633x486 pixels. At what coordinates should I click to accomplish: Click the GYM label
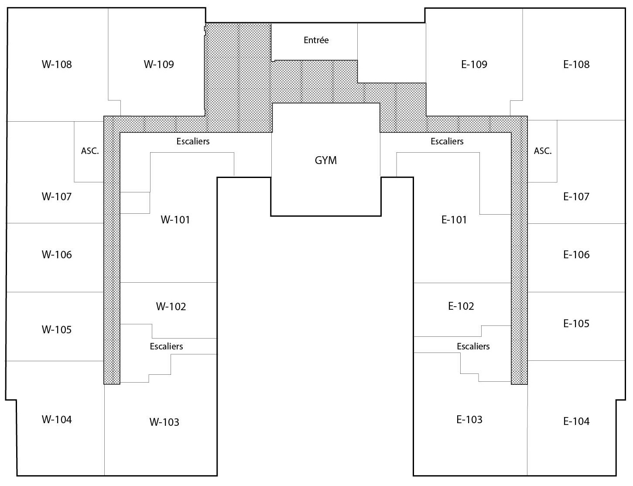[326, 161]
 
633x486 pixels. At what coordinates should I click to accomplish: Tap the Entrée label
[316, 40]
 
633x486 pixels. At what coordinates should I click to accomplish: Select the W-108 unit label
[57, 65]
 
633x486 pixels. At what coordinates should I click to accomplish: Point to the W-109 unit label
[159, 65]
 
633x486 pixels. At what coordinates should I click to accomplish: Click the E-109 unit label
[474, 65]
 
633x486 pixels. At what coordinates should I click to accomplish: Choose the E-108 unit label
[576, 65]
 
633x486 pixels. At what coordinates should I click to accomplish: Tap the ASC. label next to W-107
[90, 151]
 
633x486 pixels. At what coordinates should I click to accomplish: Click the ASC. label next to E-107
[543, 151]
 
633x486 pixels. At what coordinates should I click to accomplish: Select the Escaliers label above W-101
[193, 141]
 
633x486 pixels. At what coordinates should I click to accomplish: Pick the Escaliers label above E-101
[447, 141]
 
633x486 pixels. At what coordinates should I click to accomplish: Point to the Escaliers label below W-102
[166, 346]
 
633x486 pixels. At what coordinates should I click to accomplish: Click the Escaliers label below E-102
[473, 346]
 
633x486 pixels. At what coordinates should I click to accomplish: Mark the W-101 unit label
[175, 220]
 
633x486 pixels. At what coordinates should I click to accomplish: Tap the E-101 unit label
[454, 220]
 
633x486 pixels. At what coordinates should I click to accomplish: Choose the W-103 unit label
[164, 422]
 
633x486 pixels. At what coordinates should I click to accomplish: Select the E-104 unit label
[576, 421]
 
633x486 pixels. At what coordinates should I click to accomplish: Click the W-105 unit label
[57, 330]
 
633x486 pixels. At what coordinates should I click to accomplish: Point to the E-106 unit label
[576, 255]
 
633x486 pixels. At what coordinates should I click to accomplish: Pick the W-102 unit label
[171, 307]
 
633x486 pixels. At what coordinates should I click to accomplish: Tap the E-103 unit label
[469, 420]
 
